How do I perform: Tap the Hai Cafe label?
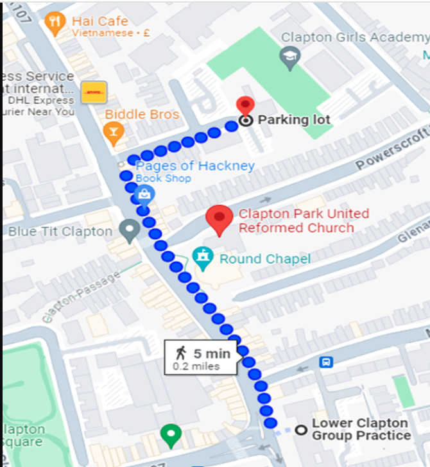[100, 21]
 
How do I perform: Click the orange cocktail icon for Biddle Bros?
[114, 133]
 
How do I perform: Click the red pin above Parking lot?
[245, 106]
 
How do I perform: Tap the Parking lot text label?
[294, 120]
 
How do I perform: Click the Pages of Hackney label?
[195, 166]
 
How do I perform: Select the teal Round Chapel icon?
[203, 259]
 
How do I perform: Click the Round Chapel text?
[264, 259]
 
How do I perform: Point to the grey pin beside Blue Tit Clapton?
[131, 230]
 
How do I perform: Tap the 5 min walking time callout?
[201, 358]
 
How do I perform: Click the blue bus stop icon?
[326, 362]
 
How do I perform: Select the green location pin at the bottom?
[170, 435]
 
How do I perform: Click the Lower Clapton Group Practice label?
[361, 429]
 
